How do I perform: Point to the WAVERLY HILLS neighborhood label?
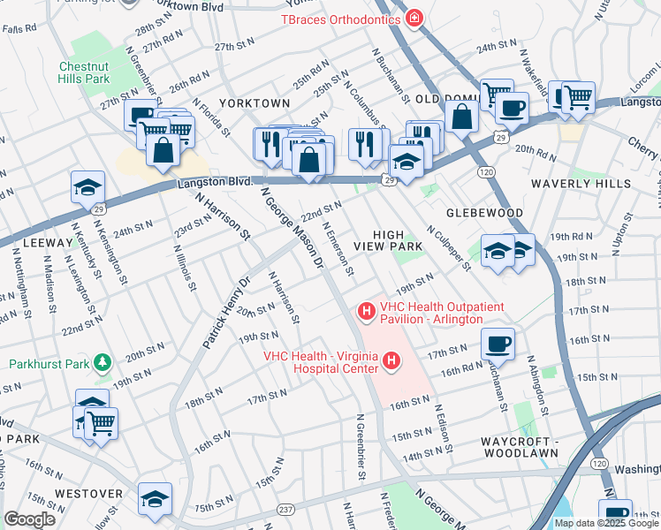tap(581, 184)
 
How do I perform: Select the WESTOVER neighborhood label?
tap(87, 493)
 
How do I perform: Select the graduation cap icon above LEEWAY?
tap(89, 186)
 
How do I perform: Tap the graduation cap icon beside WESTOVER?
tap(155, 498)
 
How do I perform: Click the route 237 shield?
tap(287, 510)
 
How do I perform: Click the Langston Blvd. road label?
tap(216, 182)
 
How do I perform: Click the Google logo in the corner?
tap(29, 519)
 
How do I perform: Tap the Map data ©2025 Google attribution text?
tap(606, 522)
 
